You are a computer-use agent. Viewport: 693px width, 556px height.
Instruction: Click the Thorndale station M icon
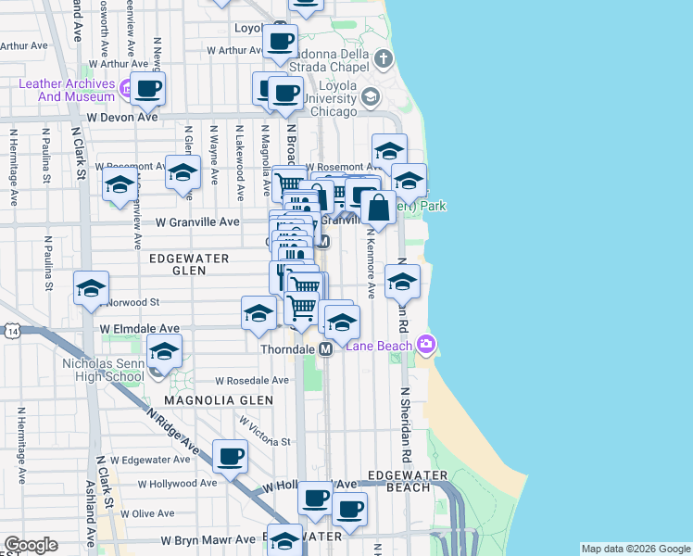[325, 349]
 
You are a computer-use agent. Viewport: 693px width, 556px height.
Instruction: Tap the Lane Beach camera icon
[426, 345]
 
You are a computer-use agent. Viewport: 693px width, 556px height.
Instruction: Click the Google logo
[31, 545]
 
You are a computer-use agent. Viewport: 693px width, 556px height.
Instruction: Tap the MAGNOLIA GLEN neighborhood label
[219, 399]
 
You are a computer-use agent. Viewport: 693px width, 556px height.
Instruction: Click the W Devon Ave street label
[123, 118]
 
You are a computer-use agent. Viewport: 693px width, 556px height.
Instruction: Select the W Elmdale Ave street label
[140, 328]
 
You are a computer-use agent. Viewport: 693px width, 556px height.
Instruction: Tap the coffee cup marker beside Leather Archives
[147, 89]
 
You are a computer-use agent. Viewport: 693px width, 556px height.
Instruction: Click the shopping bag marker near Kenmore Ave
[378, 208]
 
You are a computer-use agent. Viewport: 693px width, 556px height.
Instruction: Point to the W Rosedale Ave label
[252, 380]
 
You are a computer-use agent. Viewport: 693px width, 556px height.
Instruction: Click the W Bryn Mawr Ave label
[208, 539]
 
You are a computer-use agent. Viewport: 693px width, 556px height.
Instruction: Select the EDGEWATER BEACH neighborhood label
[407, 481]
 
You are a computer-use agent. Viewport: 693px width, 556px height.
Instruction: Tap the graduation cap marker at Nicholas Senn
[164, 352]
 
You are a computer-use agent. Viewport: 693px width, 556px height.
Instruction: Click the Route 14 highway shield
[11, 331]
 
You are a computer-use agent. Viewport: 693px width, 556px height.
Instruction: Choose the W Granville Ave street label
[197, 222]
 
